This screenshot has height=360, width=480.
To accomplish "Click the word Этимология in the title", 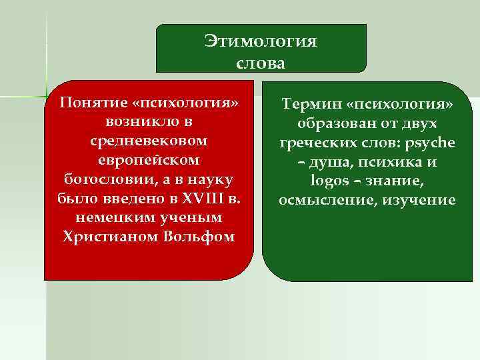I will [261, 42].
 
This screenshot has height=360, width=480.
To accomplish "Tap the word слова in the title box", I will [261, 63].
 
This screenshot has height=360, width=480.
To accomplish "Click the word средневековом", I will [149, 142].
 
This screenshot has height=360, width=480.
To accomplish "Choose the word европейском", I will [149, 161].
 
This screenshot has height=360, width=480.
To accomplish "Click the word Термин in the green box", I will [310, 105].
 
